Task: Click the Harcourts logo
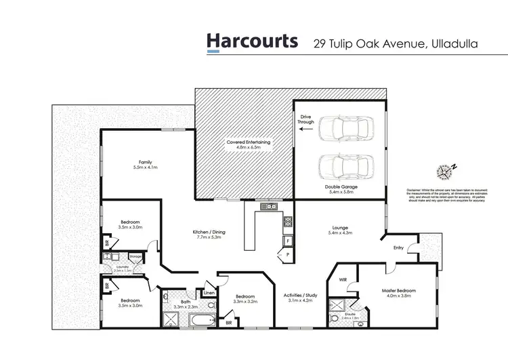[x=252, y=41]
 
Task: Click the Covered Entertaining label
[x=248, y=142]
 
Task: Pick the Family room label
[x=145, y=162]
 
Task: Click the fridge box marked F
[x=288, y=241]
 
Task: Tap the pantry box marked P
[x=287, y=254]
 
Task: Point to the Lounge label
[x=340, y=228]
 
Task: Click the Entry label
[x=399, y=248]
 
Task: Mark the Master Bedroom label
[x=398, y=291]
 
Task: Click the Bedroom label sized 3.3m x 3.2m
[x=245, y=297]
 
